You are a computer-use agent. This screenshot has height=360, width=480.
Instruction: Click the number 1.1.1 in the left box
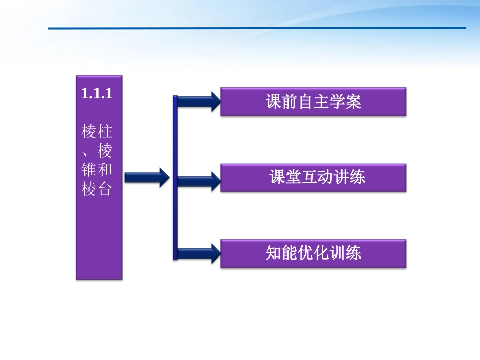95,94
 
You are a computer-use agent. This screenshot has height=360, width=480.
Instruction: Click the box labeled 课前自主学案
313,102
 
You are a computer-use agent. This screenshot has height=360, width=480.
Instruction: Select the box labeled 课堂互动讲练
313,177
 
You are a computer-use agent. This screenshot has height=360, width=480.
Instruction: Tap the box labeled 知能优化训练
313,253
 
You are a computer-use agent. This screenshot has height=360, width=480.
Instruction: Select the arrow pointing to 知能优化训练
199,253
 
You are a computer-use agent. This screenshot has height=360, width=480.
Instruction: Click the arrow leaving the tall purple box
147,177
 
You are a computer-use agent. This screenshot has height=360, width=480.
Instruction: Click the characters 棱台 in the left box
97,189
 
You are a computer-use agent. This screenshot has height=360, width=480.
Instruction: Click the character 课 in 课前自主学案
273,102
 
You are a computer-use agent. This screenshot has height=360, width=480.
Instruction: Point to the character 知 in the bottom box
273,253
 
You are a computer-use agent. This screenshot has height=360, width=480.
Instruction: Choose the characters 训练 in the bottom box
345,253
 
